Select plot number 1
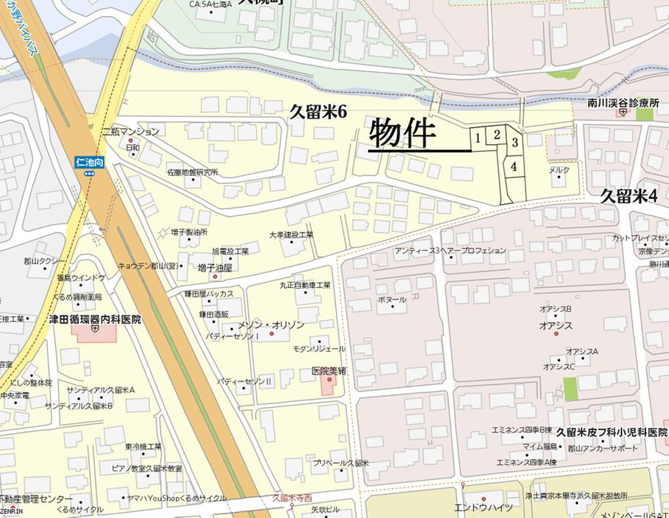[477, 138]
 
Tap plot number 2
[496, 134]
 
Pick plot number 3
[514, 142]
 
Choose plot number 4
[513, 167]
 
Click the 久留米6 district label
[318, 112]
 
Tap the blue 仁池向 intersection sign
[88, 162]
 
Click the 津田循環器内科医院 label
[95, 320]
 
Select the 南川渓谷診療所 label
[624, 104]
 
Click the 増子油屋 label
[215, 267]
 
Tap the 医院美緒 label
[328, 371]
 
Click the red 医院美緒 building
[328, 385]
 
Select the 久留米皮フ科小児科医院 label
[612, 433]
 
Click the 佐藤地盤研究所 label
[193, 172]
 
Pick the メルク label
[559, 170]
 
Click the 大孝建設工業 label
[291, 235]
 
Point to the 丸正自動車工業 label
[305, 285]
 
